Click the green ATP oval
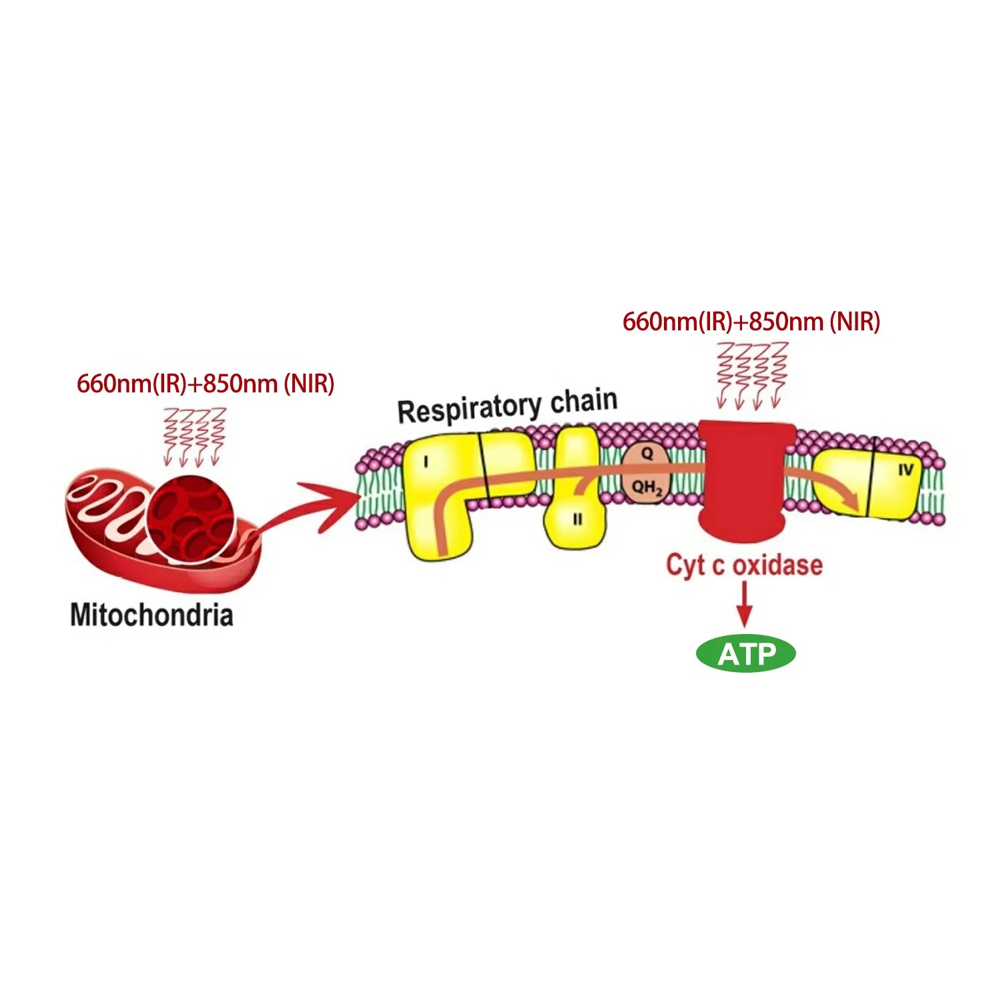(x=745, y=654)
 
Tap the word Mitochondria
(x=151, y=615)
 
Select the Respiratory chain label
(x=507, y=405)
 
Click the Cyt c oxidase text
(x=744, y=565)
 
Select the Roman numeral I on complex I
(x=426, y=461)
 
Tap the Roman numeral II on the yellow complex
(x=577, y=519)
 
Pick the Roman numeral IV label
(x=905, y=470)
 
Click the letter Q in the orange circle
(x=647, y=454)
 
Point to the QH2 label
(x=647, y=488)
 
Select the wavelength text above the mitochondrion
(x=206, y=384)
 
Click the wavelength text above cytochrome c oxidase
(x=751, y=322)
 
